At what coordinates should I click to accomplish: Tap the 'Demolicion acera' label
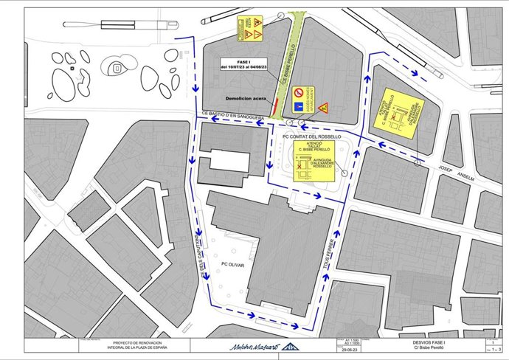point(246,97)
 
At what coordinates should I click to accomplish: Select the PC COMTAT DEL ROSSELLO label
point(311,136)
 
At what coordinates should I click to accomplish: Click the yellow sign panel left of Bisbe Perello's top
point(251,27)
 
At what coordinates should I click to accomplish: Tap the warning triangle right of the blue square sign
point(323,108)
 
